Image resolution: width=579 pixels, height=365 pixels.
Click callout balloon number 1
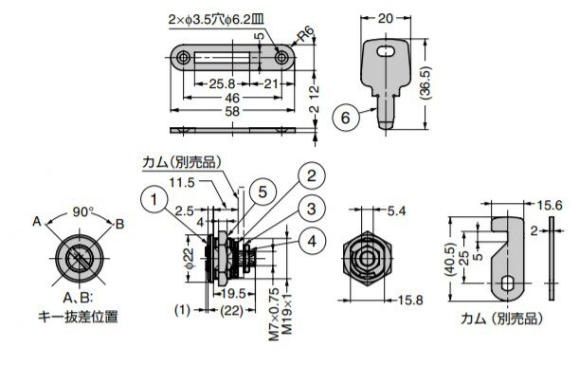click(x=154, y=200)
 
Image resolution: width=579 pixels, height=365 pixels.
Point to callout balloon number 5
click(x=263, y=188)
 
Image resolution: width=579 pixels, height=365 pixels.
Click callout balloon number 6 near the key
click(x=348, y=119)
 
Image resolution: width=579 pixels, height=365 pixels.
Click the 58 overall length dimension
click(x=230, y=112)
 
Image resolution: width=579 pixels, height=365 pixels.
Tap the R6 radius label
click(x=304, y=35)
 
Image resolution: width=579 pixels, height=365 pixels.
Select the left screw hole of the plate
click(x=183, y=59)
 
